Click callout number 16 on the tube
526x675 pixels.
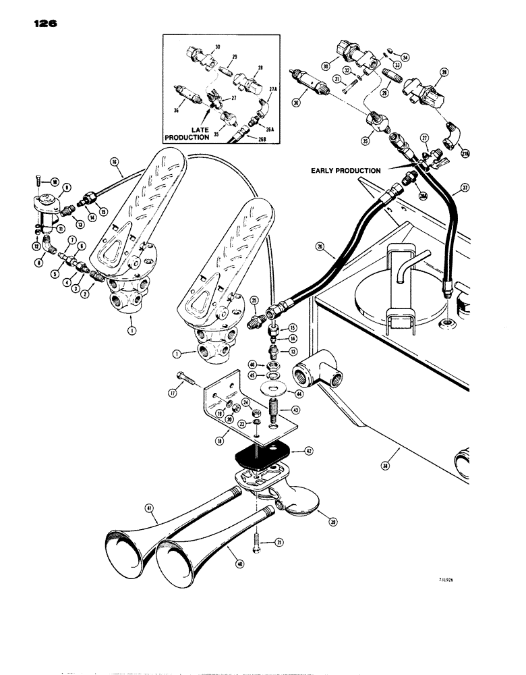point(115,163)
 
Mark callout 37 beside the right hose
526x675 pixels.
point(465,187)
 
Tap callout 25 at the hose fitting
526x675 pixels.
point(254,299)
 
